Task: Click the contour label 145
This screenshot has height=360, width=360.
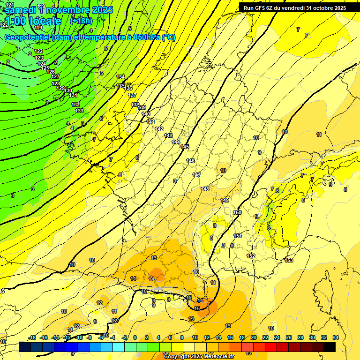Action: point(185,147)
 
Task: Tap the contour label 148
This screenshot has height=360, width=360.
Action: point(205,189)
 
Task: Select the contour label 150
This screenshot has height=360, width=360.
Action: point(237,212)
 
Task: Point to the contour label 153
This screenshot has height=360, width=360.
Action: point(289,260)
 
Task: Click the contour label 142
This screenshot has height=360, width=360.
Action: point(159,129)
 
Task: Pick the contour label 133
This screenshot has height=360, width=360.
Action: point(79,111)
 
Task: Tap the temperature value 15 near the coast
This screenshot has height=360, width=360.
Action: point(197,308)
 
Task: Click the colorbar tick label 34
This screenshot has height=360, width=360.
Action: point(335,337)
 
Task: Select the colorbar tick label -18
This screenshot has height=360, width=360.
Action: point(32,337)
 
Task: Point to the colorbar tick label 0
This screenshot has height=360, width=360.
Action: point(135,337)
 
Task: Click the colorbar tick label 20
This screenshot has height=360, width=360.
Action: point(254,337)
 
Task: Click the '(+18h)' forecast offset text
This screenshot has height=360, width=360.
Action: point(81,21)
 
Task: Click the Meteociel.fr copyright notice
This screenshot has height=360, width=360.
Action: point(199,356)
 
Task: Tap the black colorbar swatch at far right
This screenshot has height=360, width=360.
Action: point(329,347)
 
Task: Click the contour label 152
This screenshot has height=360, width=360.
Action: point(251,256)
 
